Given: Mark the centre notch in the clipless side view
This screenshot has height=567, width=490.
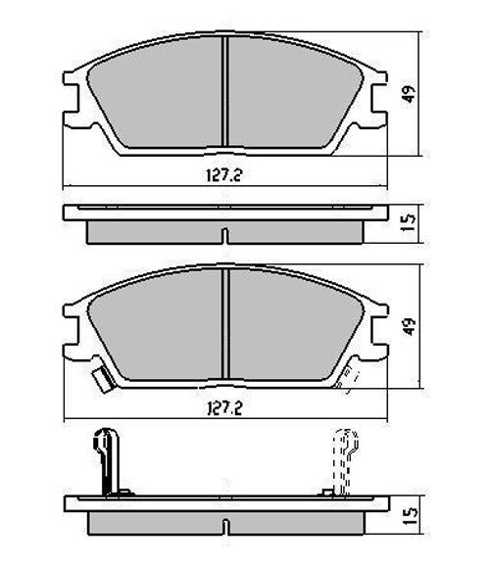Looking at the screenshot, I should [224, 236].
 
